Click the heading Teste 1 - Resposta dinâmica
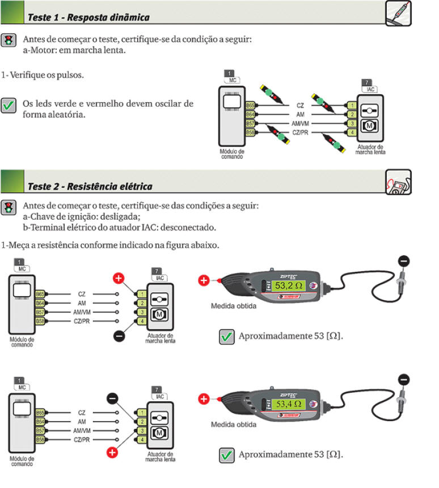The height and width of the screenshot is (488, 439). [x=88, y=18]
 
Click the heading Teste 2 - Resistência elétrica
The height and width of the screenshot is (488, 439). [x=90, y=186]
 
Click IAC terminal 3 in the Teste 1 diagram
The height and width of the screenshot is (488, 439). [x=352, y=124]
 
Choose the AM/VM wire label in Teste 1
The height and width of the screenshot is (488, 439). [x=299, y=124]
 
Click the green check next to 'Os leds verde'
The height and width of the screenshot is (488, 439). [x=9, y=106]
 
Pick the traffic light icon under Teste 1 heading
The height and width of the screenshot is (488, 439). [x=9, y=40]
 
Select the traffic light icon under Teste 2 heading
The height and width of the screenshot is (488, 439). [x=9, y=207]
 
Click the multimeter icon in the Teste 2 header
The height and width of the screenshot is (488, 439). [x=398, y=182]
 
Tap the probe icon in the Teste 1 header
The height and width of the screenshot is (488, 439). [x=398, y=13]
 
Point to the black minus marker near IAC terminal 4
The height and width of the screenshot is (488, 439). [x=119, y=336]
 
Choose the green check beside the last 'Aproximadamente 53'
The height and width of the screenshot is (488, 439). [x=227, y=455]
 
